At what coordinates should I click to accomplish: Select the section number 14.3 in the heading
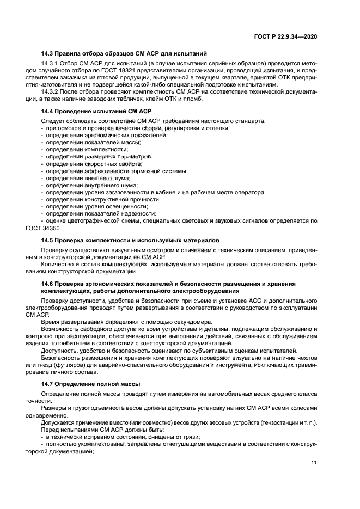[x=47, y=53]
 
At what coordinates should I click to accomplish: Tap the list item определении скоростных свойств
[x=93, y=164]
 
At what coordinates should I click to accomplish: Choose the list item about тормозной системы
[x=116, y=171]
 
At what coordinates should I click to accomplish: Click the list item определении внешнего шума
[x=87, y=178]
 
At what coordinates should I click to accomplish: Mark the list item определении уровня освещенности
[x=97, y=207]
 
